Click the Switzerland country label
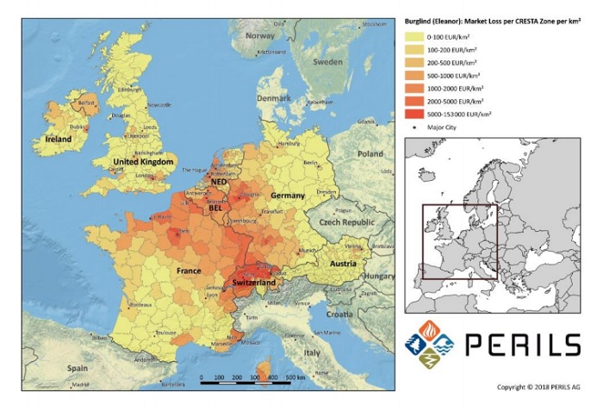pyautogui.click(x=253, y=283)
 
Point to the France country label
pyautogui.click(x=189, y=271)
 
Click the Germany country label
pyautogui.click(x=288, y=196)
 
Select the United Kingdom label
pyautogui.click(x=144, y=162)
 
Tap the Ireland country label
pyautogui.click(x=58, y=139)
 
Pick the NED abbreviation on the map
pyautogui.click(x=220, y=183)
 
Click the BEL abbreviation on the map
pyautogui.click(x=214, y=209)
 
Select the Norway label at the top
pyautogui.click(x=259, y=36)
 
